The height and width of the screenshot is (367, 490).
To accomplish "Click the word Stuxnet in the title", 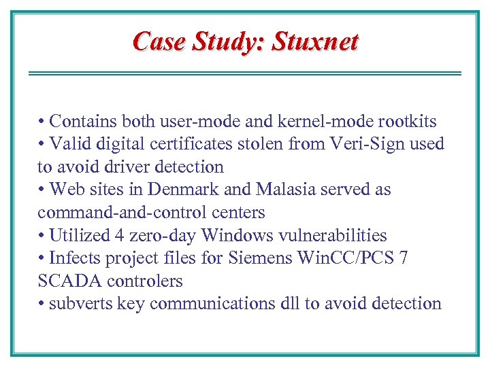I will (315, 42).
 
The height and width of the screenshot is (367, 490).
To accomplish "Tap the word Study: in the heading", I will (229, 42).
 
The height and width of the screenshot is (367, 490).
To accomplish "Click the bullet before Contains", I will (42, 122).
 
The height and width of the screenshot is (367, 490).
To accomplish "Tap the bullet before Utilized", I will (42, 236).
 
